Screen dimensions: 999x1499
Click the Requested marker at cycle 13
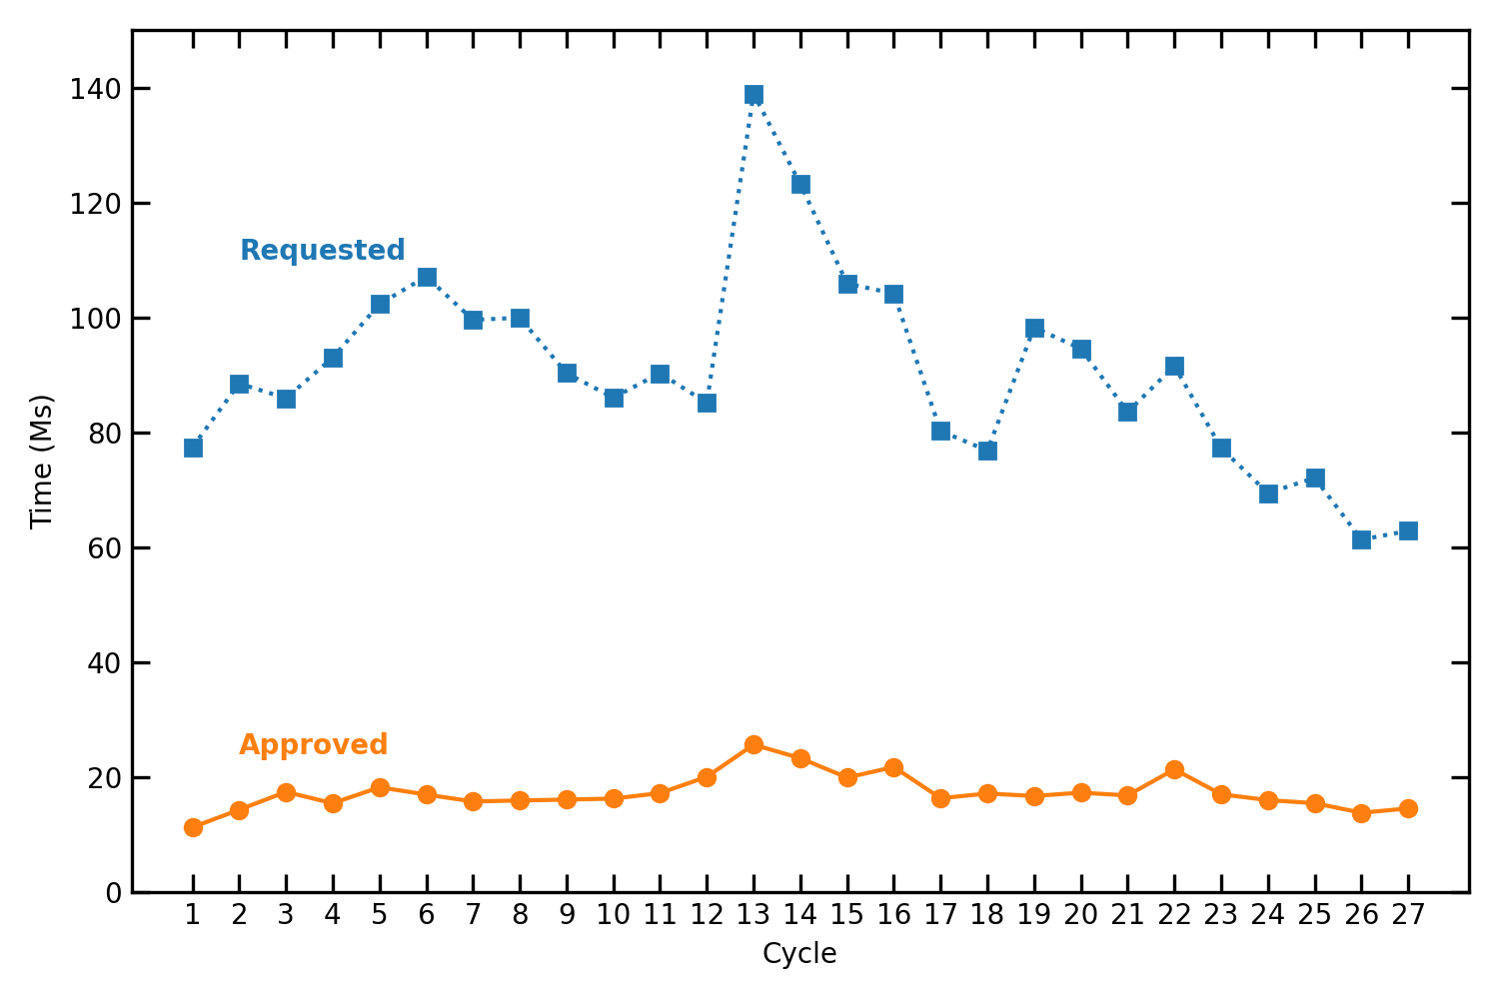pyautogui.click(x=753, y=95)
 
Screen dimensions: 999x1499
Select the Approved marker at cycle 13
pyautogui.click(x=753, y=744)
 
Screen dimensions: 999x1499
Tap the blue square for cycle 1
pyautogui.click(x=193, y=448)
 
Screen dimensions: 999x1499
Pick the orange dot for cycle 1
pyautogui.click(x=193, y=827)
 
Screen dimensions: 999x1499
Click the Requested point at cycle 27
pyautogui.click(x=1408, y=530)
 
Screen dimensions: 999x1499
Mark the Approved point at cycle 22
pyautogui.click(x=1174, y=769)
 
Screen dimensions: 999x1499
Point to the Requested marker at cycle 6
pyautogui.click(x=427, y=277)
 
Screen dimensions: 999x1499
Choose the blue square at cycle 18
pyautogui.click(x=987, y=451)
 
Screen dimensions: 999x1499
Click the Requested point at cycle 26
pyautogui.click(x=1361, y=539)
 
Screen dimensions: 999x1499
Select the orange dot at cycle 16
pyautogui.click(x=893, y=767)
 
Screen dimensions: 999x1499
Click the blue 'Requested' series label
pyautogui.click(x=323, y=250)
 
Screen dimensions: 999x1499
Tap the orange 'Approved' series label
pyautogui.click(x=314, y=745)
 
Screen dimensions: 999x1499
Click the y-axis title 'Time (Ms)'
pyautogui.click(x=41, y=462)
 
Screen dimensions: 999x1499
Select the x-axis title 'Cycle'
pyautogui.click(x=799, y=954)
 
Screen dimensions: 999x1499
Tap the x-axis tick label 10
pyautogui.click(x=614, y=916)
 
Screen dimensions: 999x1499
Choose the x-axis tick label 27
pyautogui.click(x=1408, y=916)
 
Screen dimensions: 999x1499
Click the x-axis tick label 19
pyautogui.click(x=1034, y=916)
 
